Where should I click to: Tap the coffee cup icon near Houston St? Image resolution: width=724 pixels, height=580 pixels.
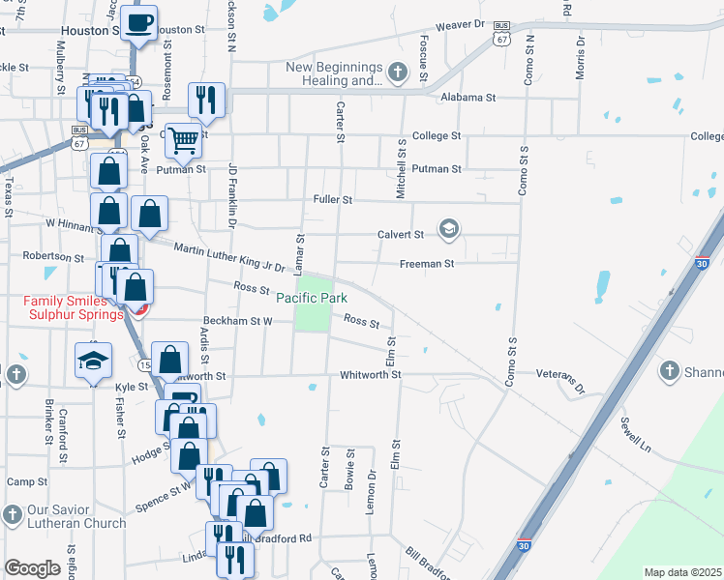point(139,22)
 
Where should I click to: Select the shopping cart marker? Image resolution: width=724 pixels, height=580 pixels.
point(182,140)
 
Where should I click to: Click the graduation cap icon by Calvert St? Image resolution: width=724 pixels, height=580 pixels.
point(448,229)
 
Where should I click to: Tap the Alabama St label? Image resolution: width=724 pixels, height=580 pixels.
point(468,98)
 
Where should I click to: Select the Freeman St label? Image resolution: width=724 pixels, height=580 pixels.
point(427,263)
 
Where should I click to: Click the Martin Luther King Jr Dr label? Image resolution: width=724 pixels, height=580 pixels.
point(229,257)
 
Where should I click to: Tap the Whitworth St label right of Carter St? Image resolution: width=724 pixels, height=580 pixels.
point(370,375)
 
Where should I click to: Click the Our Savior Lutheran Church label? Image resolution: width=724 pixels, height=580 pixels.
point(75,517)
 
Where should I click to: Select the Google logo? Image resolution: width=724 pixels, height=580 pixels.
point(32,568)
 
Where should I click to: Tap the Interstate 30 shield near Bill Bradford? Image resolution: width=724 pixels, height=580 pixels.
point(524,545)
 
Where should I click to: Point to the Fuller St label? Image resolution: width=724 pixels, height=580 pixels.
point(333,199)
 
